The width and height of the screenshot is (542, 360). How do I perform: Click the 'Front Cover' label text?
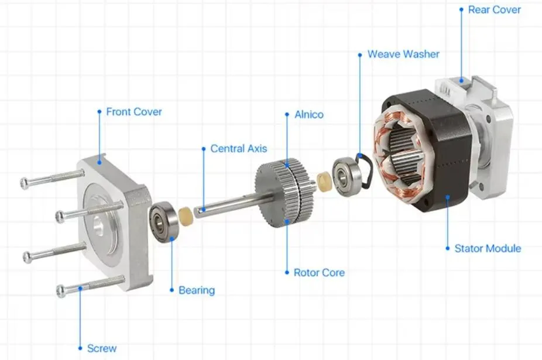[134, 112]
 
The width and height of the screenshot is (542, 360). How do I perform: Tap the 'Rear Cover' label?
[495, 10]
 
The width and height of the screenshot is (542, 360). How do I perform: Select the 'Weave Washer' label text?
[403, 54]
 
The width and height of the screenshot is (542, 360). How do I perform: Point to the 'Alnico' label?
[309, 115]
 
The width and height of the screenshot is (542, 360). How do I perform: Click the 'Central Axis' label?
[238, 149]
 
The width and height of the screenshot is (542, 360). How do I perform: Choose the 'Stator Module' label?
[488, 248]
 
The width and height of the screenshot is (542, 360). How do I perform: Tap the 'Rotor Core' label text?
[319, 273]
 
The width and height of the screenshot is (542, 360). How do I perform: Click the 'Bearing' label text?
[196, 290]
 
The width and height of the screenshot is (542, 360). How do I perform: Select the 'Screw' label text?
[102, 348]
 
